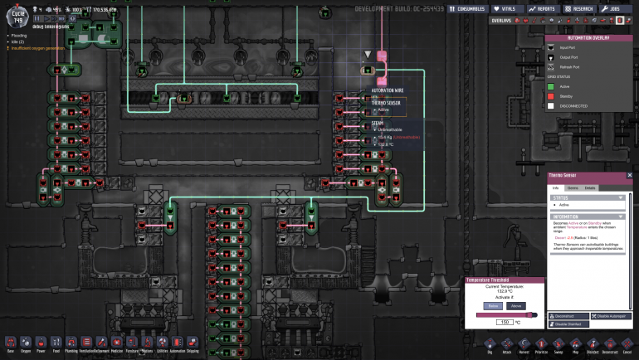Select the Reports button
[541, 8]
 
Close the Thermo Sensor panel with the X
[629, 176]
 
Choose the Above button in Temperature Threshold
[515, 306]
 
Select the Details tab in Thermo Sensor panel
[590, 188]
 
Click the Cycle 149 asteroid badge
[17, 14]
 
